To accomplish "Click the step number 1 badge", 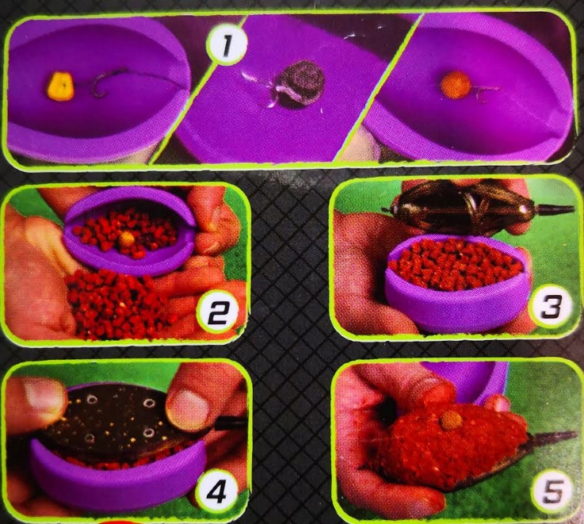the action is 227,47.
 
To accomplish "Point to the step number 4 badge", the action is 216,493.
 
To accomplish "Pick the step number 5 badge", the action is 552,491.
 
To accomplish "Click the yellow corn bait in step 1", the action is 60,87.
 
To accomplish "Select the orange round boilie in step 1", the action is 454,86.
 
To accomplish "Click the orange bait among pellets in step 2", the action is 127,238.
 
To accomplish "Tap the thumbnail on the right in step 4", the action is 186,407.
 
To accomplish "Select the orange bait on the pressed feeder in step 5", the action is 448,420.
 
